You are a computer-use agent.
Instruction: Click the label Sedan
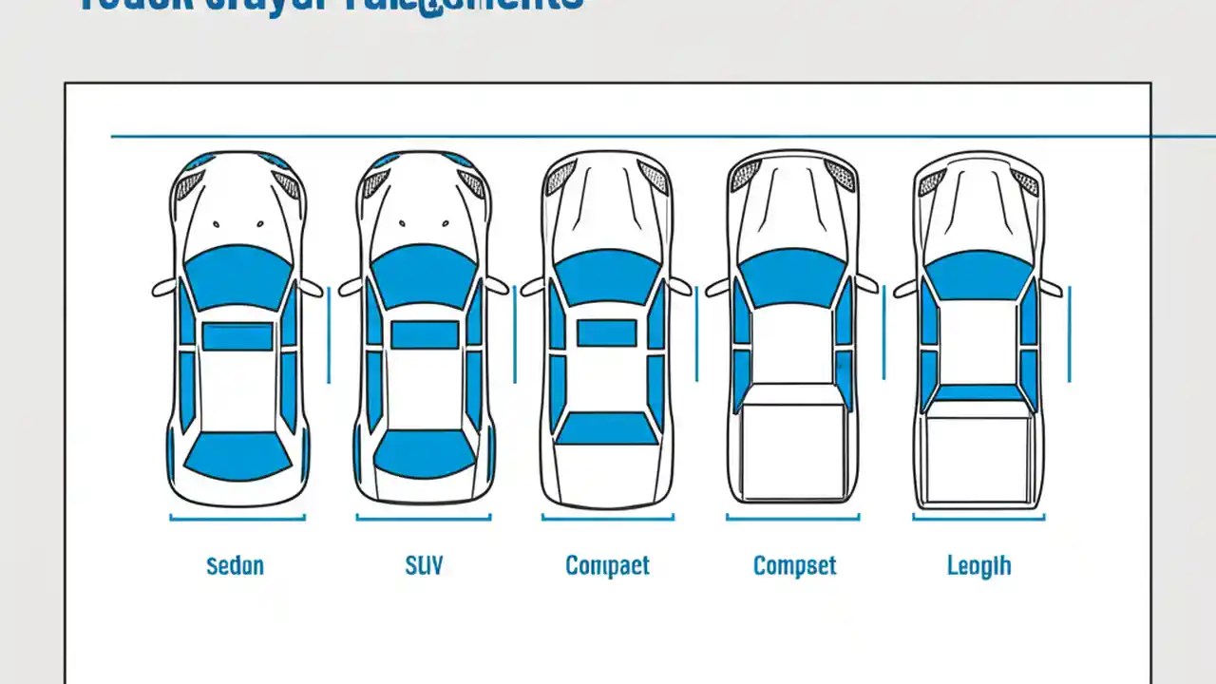point(235,566)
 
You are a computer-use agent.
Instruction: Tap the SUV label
point(424,566)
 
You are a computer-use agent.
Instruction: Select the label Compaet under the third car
point(607,566)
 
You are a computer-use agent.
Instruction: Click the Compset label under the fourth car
point(794,566)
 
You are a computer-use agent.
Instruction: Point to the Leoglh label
point(978,566)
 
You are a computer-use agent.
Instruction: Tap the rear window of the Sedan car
point(237,455)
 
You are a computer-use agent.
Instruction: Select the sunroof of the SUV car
point(425,335)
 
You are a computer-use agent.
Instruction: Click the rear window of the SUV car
point(425,452)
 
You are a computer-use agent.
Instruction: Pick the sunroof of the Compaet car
point(607,332)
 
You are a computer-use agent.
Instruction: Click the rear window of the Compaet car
point(606,428)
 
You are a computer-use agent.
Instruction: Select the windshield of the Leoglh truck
point(978,275)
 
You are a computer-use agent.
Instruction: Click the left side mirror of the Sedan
point(163,288)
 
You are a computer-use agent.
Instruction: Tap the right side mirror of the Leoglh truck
point(1050,288)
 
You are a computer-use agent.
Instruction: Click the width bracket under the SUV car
point(424,518)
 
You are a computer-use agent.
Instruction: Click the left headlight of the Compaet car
point(560,178)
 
